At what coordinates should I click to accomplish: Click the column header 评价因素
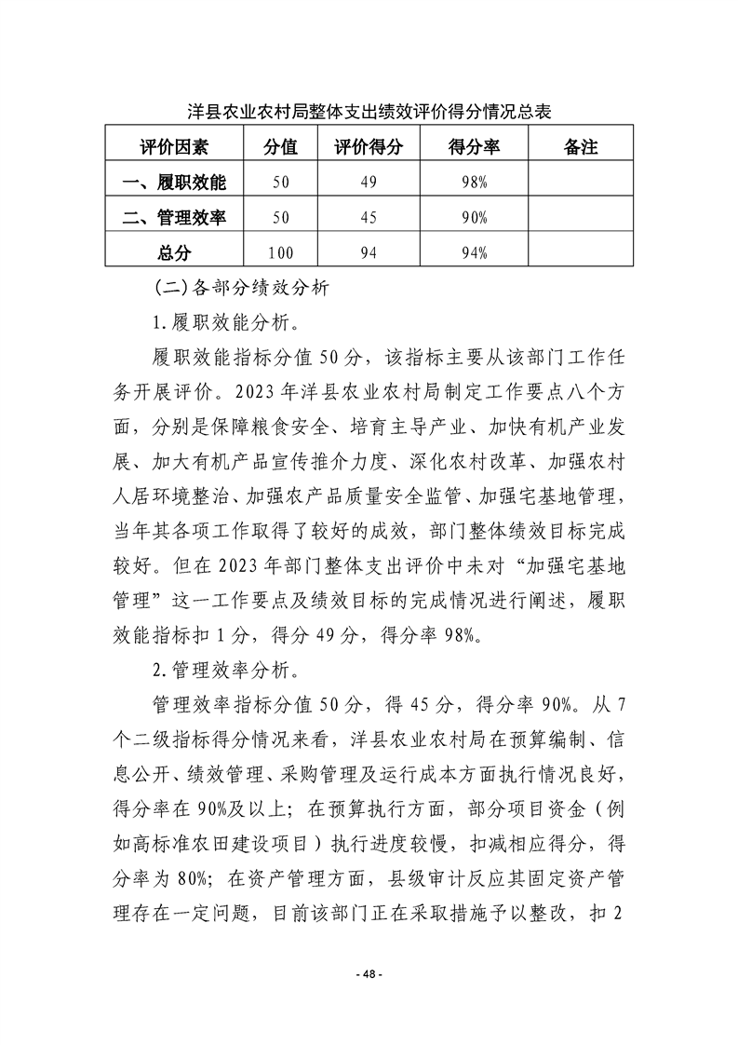(174, 147)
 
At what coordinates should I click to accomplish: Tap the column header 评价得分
(369, 147)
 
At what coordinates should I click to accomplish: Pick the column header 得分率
(474, 147)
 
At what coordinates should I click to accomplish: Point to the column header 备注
(581, 147)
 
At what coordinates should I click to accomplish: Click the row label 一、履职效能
(174, 183)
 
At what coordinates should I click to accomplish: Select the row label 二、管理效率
(174, 217)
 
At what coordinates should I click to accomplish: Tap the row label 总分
(174, 251)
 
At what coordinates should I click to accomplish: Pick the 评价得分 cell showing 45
(369, 218)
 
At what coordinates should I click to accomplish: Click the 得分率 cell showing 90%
(474, 218)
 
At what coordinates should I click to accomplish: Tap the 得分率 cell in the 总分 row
(474, 252)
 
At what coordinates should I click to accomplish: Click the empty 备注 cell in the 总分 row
(581, 252)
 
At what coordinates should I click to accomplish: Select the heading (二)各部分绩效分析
(244, 288)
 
